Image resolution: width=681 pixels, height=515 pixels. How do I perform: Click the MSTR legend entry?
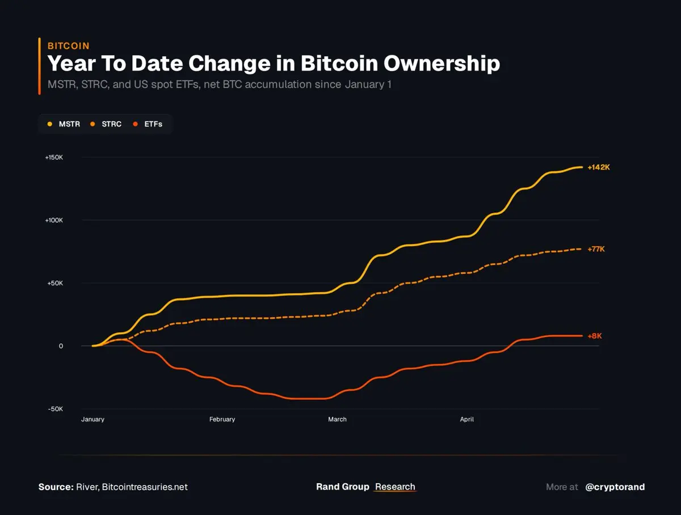[64, 124]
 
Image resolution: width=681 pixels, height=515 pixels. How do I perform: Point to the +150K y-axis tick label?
[54, 157]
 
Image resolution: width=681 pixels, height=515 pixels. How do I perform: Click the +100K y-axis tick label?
[54, 220]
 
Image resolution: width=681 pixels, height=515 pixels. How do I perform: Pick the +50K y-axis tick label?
[54, 283]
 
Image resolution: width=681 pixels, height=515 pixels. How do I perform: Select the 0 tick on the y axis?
[60, 346]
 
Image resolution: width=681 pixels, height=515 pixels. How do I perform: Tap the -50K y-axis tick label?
[54, 409]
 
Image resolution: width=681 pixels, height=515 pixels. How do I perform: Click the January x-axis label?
[93, 420]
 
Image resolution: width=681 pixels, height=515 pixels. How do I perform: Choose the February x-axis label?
[222, 420]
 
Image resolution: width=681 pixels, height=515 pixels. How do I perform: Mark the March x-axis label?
[337, 420]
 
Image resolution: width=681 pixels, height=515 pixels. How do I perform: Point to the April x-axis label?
[466, 420]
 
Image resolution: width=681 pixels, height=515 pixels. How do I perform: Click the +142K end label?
[598, 167]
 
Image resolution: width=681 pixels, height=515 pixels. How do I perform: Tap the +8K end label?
[594, 336]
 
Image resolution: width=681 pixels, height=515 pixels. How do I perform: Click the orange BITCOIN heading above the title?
[68, 46]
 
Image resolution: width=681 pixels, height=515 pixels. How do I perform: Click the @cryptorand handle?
[615, 487]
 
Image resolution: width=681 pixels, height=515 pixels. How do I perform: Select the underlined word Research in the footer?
[395, 487]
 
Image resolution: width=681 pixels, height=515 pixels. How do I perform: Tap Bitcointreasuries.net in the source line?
[145, 487]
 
